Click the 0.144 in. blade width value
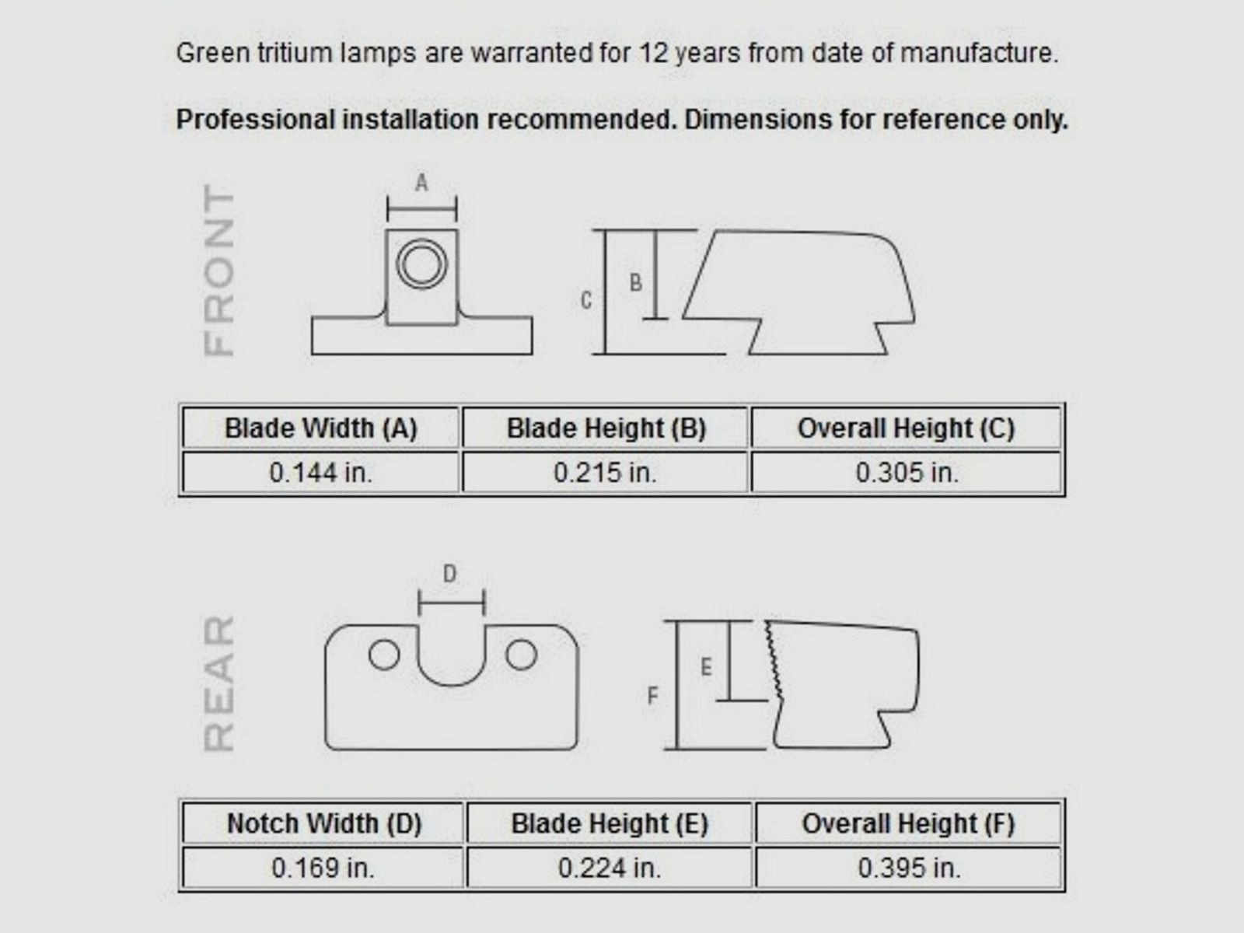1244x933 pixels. point(321,473)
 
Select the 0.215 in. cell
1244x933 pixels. point(605,473)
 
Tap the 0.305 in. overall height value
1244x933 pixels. point(907,473)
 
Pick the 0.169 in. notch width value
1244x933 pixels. point(323,868)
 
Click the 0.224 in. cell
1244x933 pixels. point(610,868)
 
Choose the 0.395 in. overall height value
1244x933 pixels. point(909,868)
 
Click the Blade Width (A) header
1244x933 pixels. point(321,428)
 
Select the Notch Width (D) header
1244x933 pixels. point(324,823)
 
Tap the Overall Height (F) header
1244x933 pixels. point(908,823)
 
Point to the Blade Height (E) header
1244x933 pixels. point(610,823)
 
